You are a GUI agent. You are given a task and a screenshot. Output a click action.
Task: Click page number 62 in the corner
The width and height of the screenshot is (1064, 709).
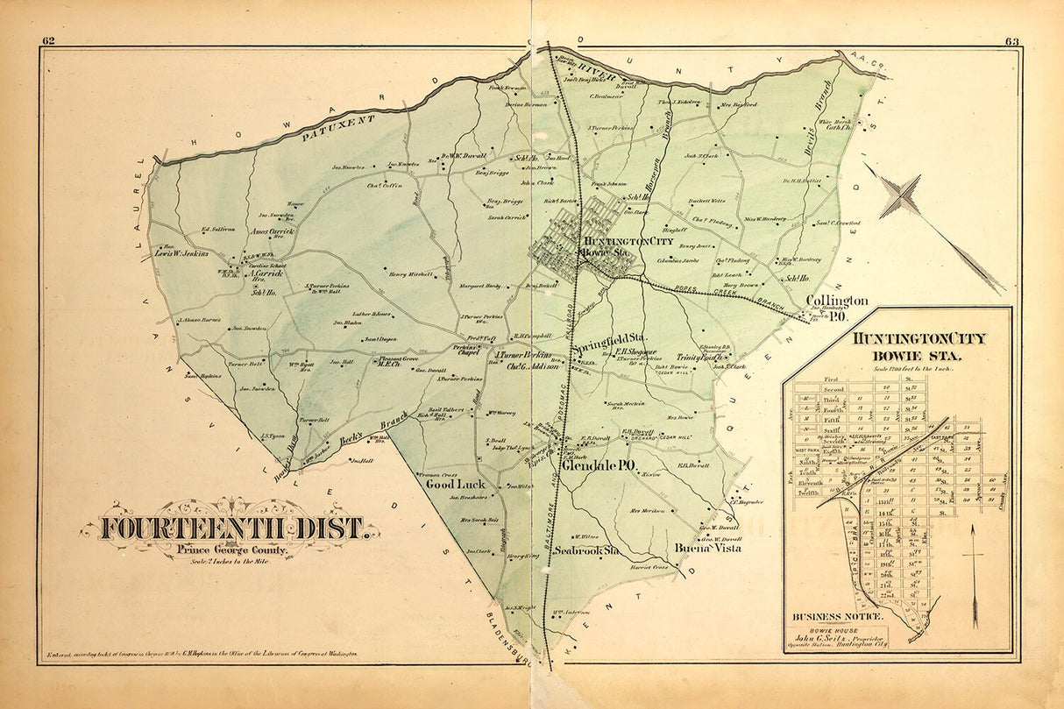tap(48, 40)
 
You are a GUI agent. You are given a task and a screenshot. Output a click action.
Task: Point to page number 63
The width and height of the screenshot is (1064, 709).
tap(1012, 40)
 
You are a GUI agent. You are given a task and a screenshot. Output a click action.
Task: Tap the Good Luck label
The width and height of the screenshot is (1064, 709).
tap(455, 484)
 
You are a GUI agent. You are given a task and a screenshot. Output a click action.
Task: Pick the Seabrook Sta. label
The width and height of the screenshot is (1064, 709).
tap(587, 551)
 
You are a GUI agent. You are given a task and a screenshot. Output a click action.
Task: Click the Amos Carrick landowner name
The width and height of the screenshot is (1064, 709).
tap(273, 232)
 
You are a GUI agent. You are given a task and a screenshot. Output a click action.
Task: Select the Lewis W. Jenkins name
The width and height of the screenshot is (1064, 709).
tap(181, 254)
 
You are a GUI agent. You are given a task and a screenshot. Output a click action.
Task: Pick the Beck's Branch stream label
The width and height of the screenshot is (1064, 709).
tap(358, 437)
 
